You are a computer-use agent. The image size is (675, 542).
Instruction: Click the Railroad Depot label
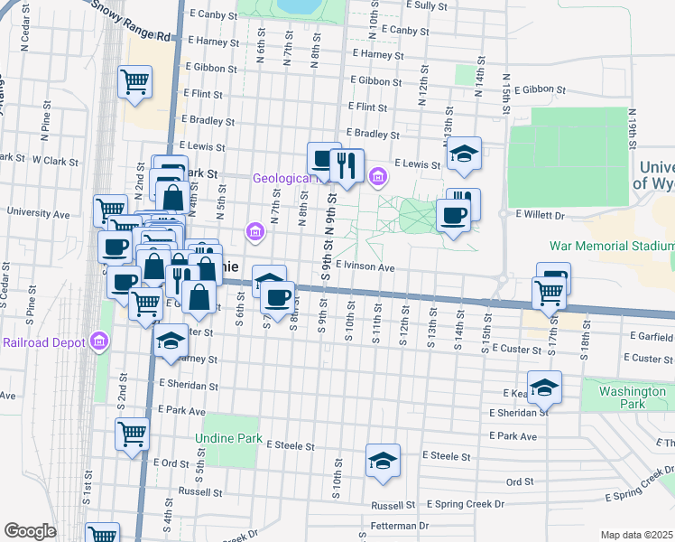42,342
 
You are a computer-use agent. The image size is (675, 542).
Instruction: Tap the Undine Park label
228,438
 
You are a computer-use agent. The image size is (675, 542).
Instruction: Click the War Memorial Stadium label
613,246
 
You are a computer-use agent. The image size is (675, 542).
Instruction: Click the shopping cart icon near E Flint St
134,81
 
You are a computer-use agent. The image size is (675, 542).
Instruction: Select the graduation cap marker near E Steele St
383,461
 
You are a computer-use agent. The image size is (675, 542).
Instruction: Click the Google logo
30,531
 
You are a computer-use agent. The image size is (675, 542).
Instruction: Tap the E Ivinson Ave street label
365,267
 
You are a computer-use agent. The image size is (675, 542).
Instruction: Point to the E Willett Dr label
540,215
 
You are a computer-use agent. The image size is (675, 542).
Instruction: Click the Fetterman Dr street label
399,525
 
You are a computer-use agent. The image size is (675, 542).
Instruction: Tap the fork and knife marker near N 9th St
347,164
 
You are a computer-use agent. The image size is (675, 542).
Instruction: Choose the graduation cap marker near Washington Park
544,388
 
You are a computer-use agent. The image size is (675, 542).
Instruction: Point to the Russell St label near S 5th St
199,492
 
